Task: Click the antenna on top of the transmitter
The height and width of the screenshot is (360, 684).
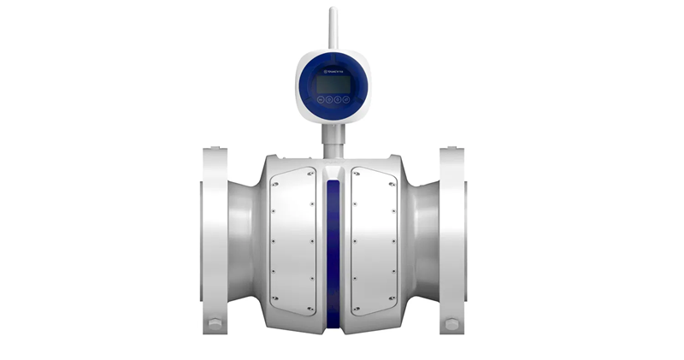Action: [x=333, y=30]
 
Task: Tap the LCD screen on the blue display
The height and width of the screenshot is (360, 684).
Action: [x=333, y=84]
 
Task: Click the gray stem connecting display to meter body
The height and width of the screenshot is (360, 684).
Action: [x=333, y=137]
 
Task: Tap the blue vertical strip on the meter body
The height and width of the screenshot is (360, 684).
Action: [x=333, y=248]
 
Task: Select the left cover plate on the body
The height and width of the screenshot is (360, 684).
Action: [x=293, y=239]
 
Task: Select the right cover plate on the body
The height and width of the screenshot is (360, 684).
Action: [x=374, y=239]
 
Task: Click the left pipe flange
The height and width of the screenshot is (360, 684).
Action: [x=215, y=239]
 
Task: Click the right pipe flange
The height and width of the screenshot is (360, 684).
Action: [x=452, y=239]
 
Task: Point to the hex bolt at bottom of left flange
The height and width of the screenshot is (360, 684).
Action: [x=215, y=325]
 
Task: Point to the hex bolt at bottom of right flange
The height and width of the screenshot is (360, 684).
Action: [x=451, y=325]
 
